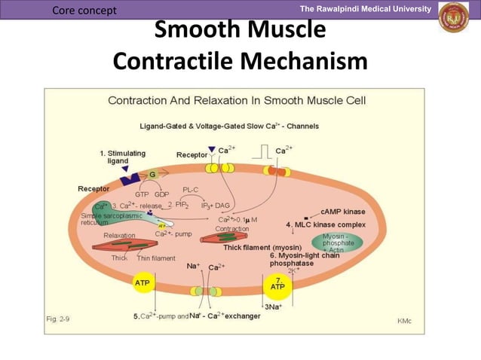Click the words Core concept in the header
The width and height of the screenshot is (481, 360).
(x=85, y=10)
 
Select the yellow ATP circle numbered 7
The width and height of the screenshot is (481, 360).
(x=277, y=285)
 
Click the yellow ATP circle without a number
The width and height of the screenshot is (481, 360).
(x=142, y=283)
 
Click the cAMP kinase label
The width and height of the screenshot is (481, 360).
(x=343, y=212)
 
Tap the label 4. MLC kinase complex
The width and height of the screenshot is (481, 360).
(x=326, y=224)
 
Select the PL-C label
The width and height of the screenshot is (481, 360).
(x=191, y=190)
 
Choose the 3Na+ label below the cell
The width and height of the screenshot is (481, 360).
(x=273, y=307)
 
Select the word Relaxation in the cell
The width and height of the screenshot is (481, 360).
(x=119, y=235)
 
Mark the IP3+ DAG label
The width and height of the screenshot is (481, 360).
(x=216, y=205)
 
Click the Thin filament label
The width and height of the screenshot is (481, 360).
(x=156, y=258)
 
